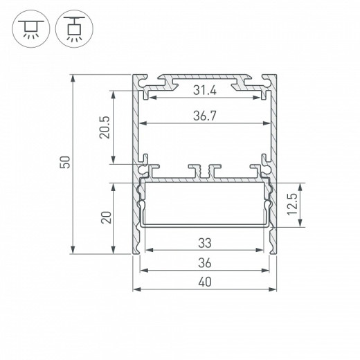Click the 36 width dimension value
(x=205, y=263)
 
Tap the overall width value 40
(x=205, y=282)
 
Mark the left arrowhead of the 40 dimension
(x=136, y=289)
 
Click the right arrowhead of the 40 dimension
(x=275, y=289)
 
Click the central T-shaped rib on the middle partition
(x=205, y=170)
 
